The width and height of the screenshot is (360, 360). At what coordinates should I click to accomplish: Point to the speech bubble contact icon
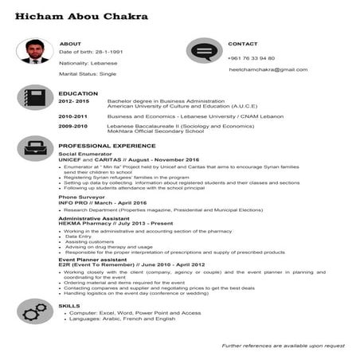click(205, 53)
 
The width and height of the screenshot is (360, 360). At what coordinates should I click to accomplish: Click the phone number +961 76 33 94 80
click(251, 58)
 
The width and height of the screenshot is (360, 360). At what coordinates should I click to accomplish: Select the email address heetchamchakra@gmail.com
click(268, 69)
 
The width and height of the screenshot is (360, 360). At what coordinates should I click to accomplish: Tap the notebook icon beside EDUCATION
click(34, 100)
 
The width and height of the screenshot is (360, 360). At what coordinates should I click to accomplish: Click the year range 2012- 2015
click(73, 101)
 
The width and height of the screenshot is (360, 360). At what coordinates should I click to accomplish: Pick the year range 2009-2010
click(72, 126)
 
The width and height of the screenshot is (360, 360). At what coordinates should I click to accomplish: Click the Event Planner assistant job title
click(92, 259)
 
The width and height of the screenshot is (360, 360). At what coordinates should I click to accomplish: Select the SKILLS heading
click(69, 306)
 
